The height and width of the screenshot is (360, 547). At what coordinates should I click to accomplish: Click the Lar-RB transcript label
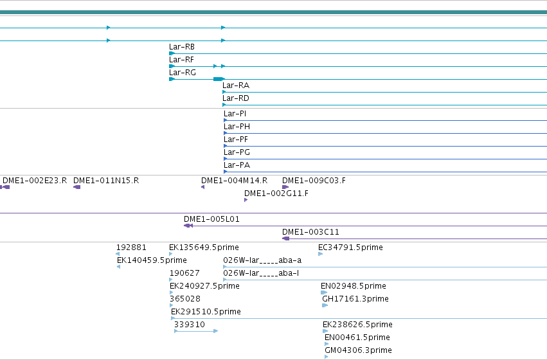coord(182,47)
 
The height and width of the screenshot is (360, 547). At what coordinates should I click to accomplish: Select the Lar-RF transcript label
coord(181,60)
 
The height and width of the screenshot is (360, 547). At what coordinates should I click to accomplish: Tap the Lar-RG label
coord(183,73)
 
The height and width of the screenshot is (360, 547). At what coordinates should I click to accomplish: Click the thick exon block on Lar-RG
coord(218,79)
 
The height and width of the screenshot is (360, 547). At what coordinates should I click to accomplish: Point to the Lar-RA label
coord(236,85)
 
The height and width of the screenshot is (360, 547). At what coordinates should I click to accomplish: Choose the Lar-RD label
coord(236,98)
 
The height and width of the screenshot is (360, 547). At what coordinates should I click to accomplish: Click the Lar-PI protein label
coord(235,114)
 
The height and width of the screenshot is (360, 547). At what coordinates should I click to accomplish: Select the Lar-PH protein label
coord(237,127)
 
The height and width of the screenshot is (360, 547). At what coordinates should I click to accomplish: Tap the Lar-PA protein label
coord(237,165)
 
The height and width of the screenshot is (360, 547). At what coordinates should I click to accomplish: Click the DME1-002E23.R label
coord(35,181)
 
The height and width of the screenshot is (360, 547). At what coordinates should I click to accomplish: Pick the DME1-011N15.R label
coord(106,181)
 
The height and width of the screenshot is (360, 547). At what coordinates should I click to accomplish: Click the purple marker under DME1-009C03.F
coord(285,187)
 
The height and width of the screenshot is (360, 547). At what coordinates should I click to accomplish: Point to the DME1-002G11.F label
coord(276,194)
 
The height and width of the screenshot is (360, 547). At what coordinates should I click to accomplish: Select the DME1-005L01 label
coord(211,219)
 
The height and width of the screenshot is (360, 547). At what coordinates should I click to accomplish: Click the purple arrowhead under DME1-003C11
coord(285,239)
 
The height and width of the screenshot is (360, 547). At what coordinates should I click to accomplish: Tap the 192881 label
coord(131,248)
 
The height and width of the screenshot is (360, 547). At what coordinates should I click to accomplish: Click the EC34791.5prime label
coord(350,248)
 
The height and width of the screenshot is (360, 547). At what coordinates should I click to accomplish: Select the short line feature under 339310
coord(196,331)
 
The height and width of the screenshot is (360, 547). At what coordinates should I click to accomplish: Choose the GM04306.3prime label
coord(358,350)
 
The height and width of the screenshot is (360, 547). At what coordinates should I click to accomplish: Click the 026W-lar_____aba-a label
coord(262,260)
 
